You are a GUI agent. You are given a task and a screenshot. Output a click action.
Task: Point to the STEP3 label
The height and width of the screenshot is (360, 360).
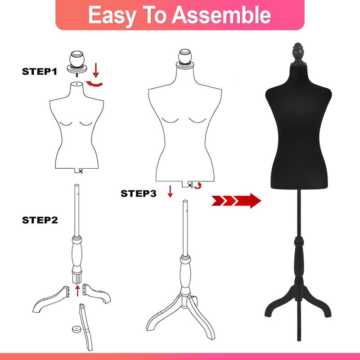tap(139, 194)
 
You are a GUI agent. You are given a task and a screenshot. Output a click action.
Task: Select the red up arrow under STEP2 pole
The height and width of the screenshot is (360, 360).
tap(78, 290)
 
